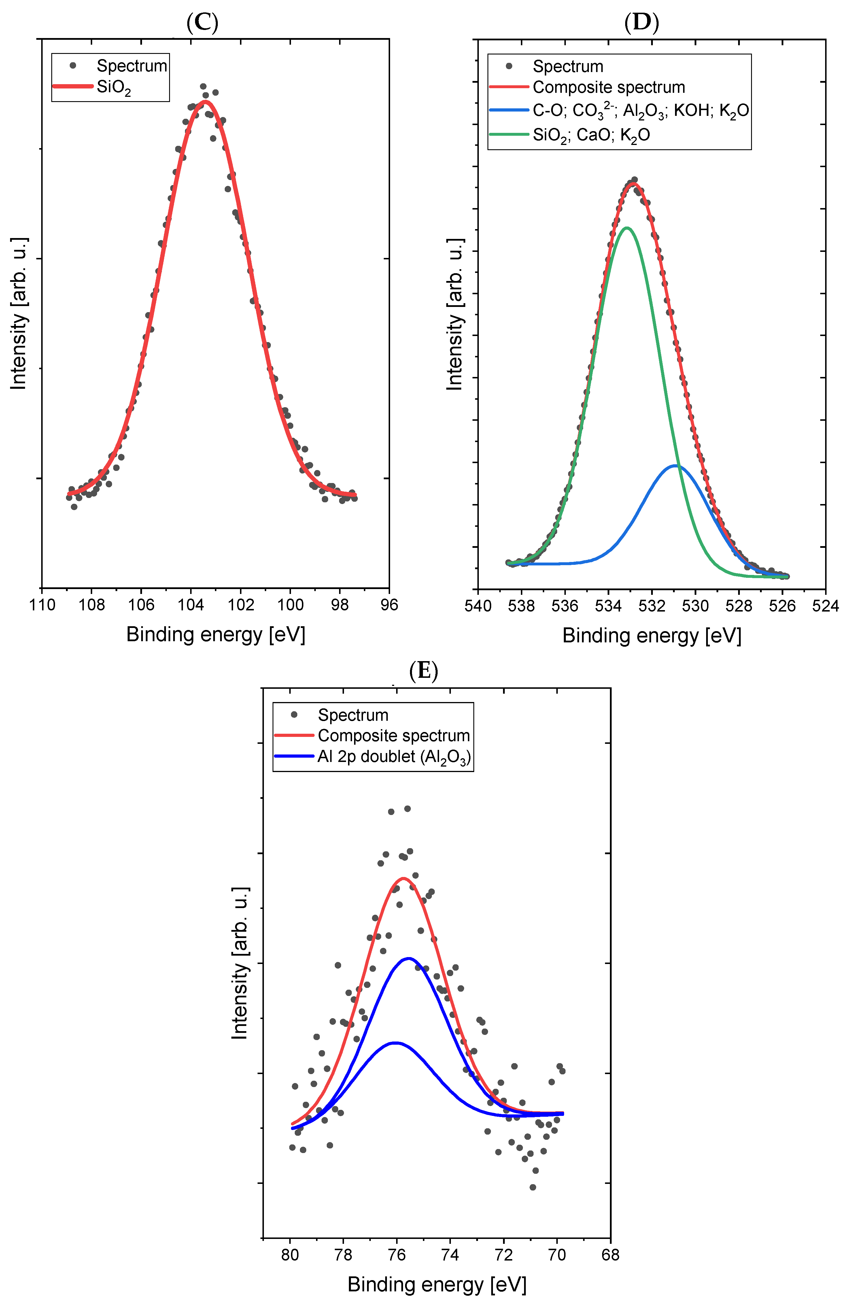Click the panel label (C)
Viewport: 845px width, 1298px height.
pyautogui.click(x=202, y=23)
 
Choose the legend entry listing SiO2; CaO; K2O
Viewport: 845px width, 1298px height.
pyautogui.click(x=591, y=135)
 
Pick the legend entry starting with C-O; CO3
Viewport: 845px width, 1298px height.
pyautogui.click(x=640, y=111)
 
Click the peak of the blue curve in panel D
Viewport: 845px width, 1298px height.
pyautogui.click(x=676, y=465)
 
